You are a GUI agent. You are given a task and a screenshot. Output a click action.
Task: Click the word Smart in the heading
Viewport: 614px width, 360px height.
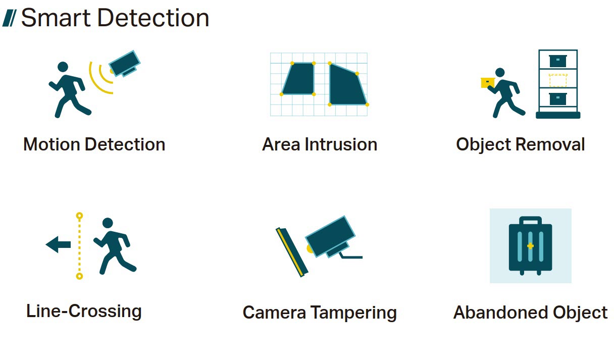coord(56,18)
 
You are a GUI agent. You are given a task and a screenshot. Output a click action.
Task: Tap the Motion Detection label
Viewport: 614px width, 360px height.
coord(94,144)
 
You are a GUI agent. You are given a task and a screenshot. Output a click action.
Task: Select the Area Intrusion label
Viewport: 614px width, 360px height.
coord(320,144)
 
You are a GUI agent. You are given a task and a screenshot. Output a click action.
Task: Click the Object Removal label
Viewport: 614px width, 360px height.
coord(521,145)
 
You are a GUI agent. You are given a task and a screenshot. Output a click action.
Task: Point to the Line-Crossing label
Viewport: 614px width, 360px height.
coord(84,312)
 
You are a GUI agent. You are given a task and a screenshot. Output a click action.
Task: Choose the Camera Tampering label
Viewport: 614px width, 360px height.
coord(320,313)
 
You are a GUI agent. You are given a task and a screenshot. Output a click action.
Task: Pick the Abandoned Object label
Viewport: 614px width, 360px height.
coord(530,313)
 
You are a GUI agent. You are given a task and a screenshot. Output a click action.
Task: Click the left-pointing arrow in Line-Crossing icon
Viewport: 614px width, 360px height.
coord(58,244)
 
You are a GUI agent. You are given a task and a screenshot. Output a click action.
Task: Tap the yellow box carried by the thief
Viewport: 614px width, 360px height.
coord(488,83)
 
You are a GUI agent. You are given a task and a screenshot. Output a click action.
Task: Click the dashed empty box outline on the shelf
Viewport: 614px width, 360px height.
coord(558,80)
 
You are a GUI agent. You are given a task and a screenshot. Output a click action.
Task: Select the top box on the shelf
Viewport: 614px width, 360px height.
coord(558,61)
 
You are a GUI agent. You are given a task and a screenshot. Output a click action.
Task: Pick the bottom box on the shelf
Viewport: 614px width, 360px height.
coord(558,98)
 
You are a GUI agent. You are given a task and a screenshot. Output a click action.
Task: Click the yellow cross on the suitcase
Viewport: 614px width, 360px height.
coord(530,246)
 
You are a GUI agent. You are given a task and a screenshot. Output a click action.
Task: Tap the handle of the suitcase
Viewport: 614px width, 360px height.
coord(530,219)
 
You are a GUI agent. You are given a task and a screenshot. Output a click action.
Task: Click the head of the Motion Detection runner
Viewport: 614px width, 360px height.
coord(63,67)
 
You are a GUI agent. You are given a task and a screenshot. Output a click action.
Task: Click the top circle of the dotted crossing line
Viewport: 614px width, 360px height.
coord(79,216)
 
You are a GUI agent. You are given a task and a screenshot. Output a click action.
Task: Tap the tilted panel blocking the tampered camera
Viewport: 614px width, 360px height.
coord(292,252)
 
